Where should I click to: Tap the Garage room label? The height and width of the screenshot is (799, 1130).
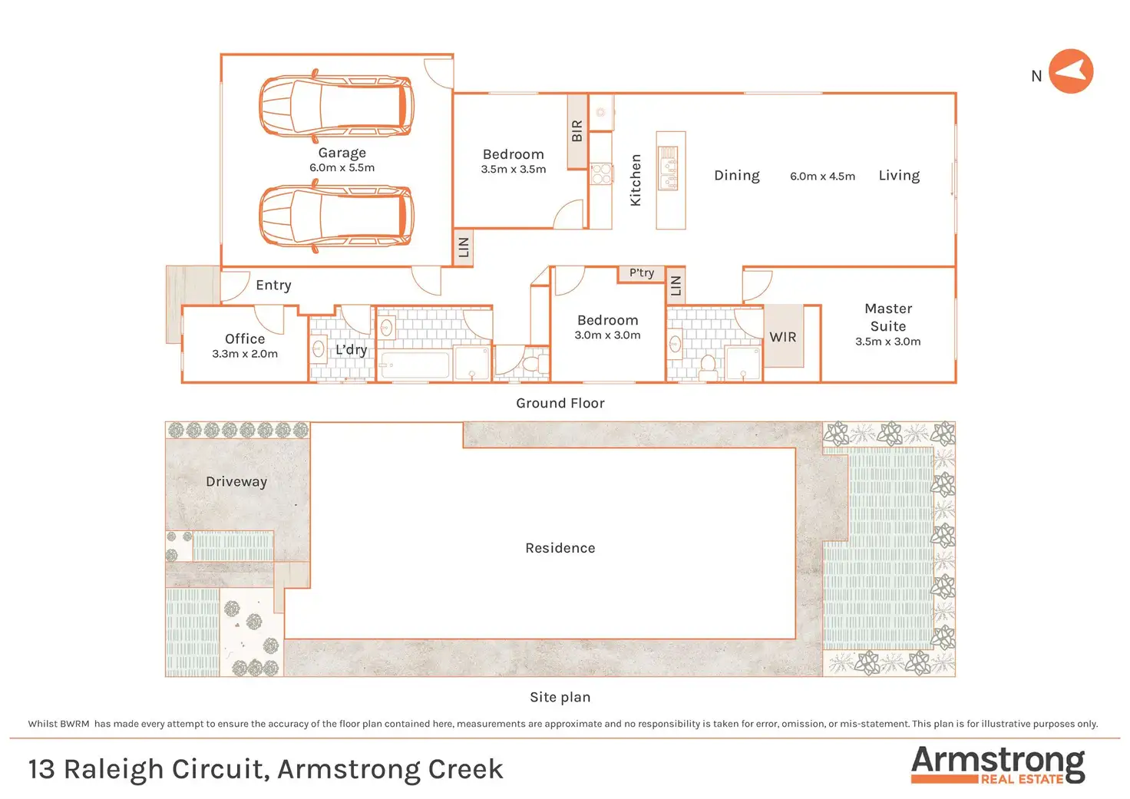[x=342, y=153]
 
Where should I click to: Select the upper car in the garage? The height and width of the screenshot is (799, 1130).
[x=336, y=106]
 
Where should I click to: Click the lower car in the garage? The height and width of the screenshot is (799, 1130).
[x=336, y=216]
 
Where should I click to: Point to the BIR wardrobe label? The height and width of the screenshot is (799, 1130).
[x=577, y=131]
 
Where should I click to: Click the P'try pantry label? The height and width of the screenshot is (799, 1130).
[x=642, y=273]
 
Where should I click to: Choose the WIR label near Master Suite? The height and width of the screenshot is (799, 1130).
[x=783, y=337]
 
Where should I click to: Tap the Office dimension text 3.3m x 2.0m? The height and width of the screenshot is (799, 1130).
[x=245, y=354]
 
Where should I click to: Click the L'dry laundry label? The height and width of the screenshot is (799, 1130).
[x=351, y=350]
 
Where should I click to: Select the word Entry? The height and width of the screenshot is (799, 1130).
[x=273, y=286]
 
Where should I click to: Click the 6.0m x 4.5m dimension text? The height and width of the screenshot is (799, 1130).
[x=822, y=177]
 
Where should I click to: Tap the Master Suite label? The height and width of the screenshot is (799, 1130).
[x=888, y=317]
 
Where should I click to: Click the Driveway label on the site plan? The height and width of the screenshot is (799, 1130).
[x=236, y=482]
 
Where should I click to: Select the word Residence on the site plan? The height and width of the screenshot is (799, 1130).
[x=560, y=548]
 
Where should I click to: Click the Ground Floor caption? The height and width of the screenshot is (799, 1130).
[x=560, y=403]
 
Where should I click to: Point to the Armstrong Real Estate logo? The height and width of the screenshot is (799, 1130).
[x=998, y=764]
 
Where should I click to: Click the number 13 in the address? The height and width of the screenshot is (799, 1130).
[x=41, y=769]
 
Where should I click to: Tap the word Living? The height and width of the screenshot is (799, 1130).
[x=899, y=176]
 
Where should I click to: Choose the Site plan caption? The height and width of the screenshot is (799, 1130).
[x=560, y=697]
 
